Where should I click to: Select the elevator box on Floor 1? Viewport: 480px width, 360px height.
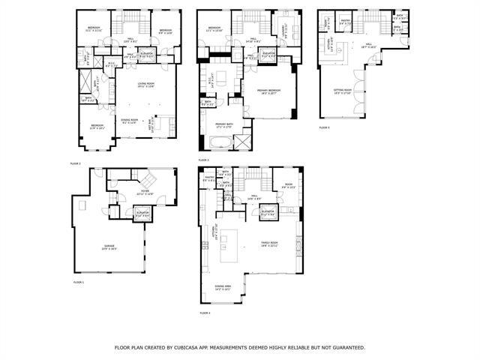click(x=142, y=215)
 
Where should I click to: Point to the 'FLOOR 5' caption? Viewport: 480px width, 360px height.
click(x=325, y=127)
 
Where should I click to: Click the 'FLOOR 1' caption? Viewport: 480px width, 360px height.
click(x=78, y=282)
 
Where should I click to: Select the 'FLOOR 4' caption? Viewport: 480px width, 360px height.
click(x=205, y=313)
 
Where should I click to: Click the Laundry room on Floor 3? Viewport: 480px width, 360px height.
click(x=282, y=31)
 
